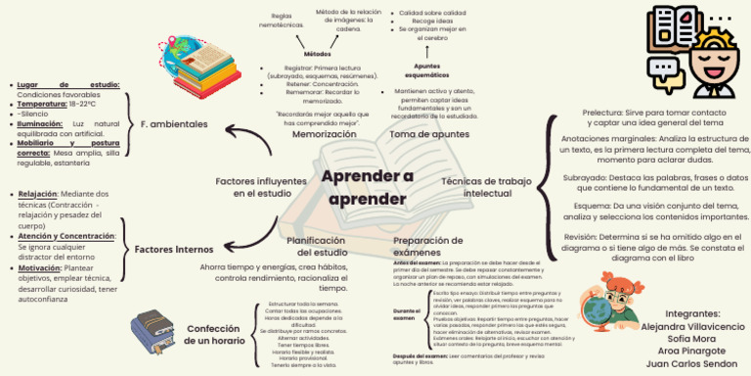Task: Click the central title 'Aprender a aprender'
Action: click(367, 188)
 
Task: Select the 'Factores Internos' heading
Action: click(173, 250)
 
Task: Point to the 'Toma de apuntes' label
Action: click(429, 134)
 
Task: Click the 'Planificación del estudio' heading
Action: click(316, 246)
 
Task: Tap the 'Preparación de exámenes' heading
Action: click(426, 246)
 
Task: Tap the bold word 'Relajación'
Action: click(38, 194)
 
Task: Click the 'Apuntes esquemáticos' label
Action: click(426, 70)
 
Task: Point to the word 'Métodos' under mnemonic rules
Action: click(317, 53)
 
